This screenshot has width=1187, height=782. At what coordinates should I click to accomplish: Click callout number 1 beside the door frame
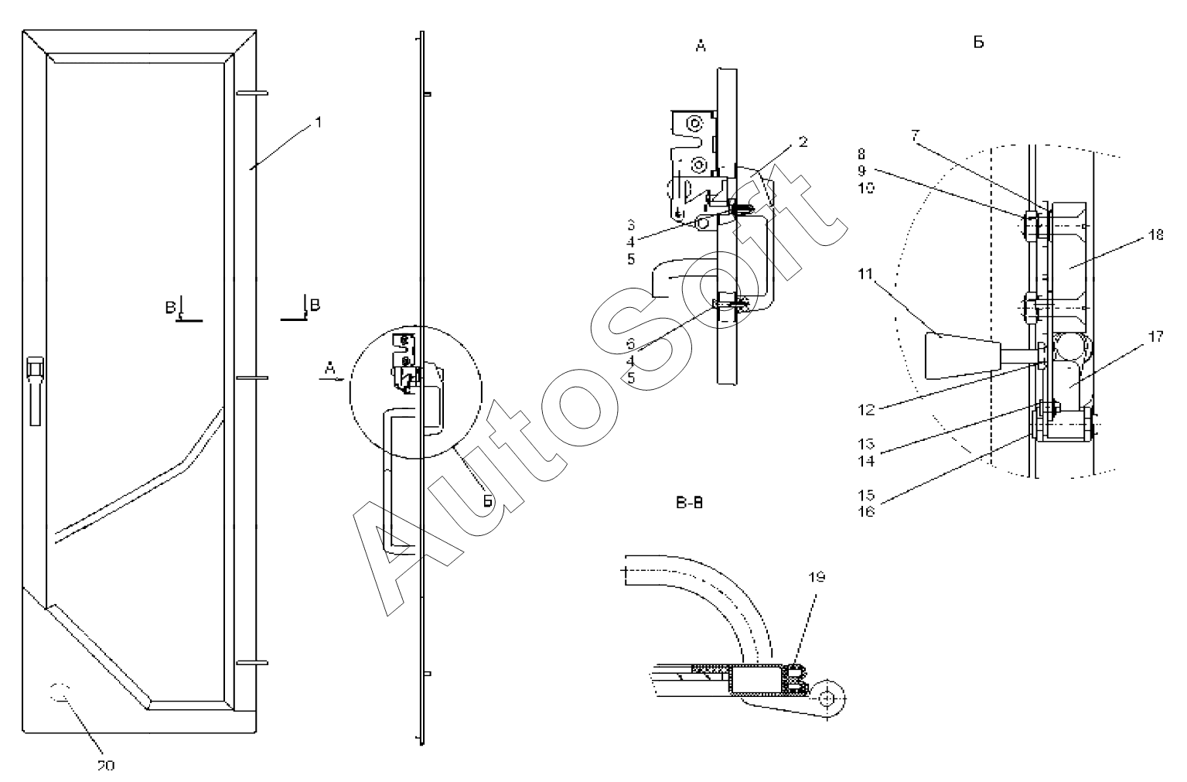click(x=317, y=121)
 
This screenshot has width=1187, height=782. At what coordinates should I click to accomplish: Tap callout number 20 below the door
click(x=106, y=765)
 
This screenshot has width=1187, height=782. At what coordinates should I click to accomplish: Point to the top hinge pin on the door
click(x=251, y=93)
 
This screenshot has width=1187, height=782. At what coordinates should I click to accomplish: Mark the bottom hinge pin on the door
click(x=251, y=663)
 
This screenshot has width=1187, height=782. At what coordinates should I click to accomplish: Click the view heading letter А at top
click(x=700, y=47)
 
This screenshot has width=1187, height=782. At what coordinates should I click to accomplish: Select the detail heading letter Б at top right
click(x=978, y=43)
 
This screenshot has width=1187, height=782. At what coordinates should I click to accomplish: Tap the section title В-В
click(x=687, y=504)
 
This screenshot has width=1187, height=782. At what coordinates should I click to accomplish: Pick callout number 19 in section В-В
click(x=818, y=576)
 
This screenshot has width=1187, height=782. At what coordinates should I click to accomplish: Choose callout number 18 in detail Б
click(x=1156, y=235)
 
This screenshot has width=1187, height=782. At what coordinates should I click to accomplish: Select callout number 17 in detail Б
click(x=1156, y=336)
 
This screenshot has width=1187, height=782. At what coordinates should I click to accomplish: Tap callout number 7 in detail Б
click(x=915, y=135)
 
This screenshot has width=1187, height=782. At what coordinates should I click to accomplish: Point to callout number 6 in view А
click(x=631, y=342)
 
